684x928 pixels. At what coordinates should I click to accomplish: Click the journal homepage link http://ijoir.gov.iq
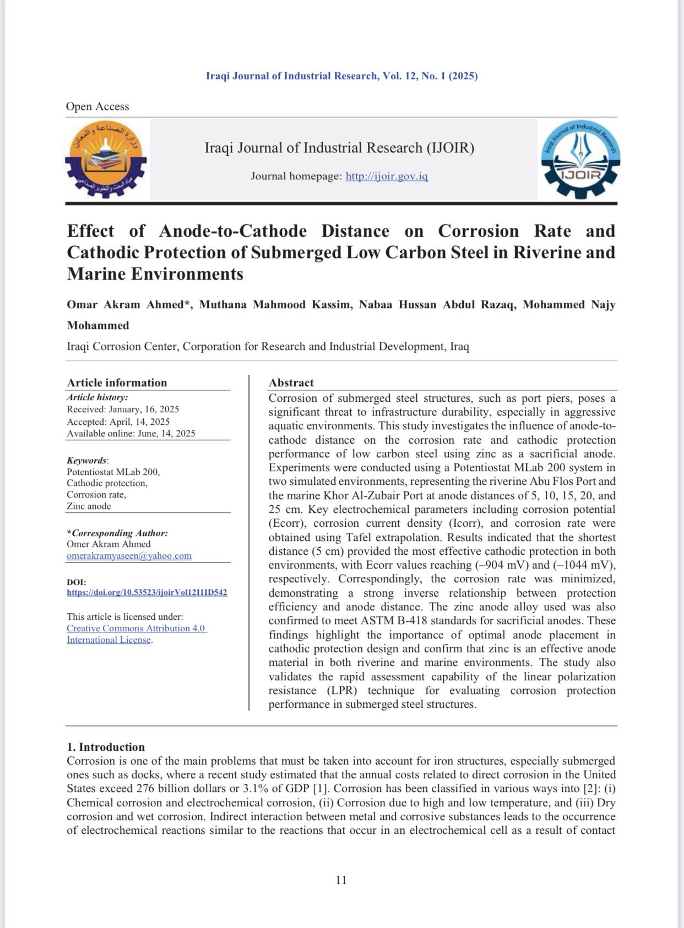[387, 176]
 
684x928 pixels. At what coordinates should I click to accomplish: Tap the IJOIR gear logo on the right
[581, 160]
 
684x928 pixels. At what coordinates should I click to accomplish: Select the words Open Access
[97, 107]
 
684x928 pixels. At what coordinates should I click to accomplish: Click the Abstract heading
[291, 383]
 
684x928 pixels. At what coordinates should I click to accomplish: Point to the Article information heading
[117, 383]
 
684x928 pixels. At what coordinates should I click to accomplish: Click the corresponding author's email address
[129, 556]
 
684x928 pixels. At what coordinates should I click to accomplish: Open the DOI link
[146, 593]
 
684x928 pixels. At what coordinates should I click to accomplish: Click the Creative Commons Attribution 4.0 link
[136, 629]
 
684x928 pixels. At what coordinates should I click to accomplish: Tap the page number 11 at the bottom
[341, 880]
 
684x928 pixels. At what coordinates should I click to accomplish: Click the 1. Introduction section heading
[106, 747]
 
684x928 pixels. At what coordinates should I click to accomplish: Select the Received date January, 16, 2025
[144, 410]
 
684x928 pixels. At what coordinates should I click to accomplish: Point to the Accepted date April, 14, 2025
[139, 422]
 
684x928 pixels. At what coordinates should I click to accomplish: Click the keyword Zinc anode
[89, 506]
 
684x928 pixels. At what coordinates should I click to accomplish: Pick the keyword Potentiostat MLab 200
[113, 472]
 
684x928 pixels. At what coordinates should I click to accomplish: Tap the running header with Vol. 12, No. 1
[341, 76]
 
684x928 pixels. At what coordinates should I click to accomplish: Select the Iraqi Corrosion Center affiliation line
[268, 347]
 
